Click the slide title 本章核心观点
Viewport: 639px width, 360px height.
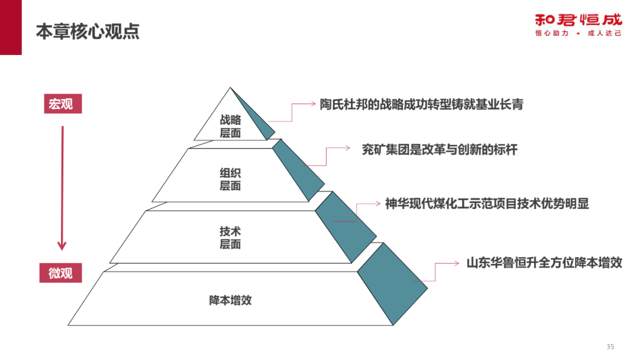pyautogui.click(x=88, y=31)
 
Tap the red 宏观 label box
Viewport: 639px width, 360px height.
pyautogui.click(x=62, y=104)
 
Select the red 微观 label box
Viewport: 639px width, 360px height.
pyautogui.click(x=62, y=273)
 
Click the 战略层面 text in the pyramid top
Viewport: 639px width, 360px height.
pyautogui.click(x=230, y=126)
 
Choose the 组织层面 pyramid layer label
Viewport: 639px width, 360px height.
pyautogui.click(x=230, y=179)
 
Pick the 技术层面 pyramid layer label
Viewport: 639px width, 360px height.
pyautogui.click(x=230, y=237)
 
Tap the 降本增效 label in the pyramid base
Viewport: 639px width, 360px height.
pyautogui.click(x=230, y=300)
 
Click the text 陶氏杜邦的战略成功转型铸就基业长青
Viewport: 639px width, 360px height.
pyautogui.click(x=421, y=105)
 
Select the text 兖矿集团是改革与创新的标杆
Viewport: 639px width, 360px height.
pyautogui.click(x=439, y=150)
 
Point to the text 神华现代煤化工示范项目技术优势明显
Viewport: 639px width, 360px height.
pyautogui.click(x=486, y=204)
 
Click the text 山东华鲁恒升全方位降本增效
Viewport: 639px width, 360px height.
pyautogui.click(x=544, y=262)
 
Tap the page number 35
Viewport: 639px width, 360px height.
pyautogui.click(x=611, y=346)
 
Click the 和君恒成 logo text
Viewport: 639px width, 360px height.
pyautogui.click(x=578, y=20)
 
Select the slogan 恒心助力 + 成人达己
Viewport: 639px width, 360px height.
pyautogui.click(x=578, y=34)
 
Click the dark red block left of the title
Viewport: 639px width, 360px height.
pyautogui.click(x=11, y=27)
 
